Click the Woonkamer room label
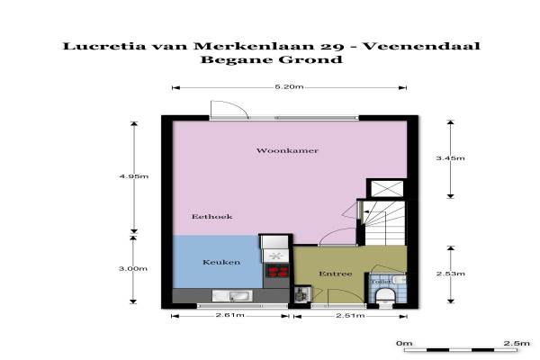pos(287,150)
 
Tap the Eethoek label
pos(212,217)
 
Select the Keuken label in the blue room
pos(221,262)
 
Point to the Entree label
pos(336,274)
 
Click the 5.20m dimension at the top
pos(289,86)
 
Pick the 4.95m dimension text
pos(133,176)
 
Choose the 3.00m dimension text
pos(133,269)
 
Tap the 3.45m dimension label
pos(451,158)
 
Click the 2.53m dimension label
pos(451,274)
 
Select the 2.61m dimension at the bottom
pos(230,315)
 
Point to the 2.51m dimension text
pos(350,315)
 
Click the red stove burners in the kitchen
pos(277,270)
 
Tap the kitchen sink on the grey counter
pos(232,296)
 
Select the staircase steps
pos(384,223)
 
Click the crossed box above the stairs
pos(387,189)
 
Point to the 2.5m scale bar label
pos(517,343)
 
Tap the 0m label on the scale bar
pos(404,343)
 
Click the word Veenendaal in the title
pos(421,46)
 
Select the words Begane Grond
pos(272,59)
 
